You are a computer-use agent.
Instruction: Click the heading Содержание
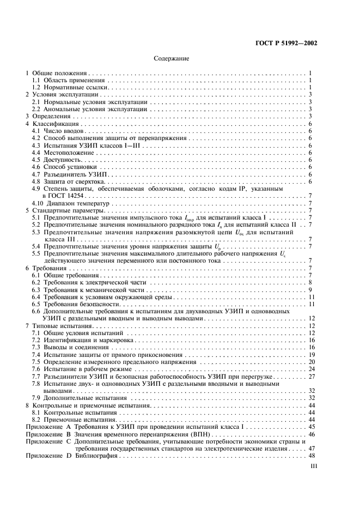[172, 58]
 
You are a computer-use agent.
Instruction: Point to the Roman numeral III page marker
[313, 466]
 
